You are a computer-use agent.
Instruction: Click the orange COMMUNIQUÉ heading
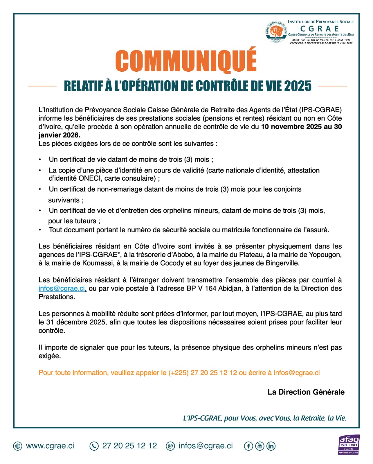[x=186, y=61]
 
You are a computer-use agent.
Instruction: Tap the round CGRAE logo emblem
[x=276, y=31]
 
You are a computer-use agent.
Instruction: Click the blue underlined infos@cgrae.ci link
[x=62, y=289]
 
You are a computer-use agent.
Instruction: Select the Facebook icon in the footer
[x=248, y=446]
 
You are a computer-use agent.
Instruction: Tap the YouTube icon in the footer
[x=260, y=446]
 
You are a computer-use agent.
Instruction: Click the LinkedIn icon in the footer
[x=271, y=446]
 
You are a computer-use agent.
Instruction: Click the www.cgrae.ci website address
[x=50, y=446]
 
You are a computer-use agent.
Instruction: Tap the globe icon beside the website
[x=18, y=446]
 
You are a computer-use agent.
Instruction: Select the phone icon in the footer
[x=94, y=446]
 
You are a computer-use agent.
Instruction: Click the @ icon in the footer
[x=170, y=446]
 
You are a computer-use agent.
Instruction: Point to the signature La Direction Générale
[x=306, y=392]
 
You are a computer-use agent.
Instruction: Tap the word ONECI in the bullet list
[x=90, y=178]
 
